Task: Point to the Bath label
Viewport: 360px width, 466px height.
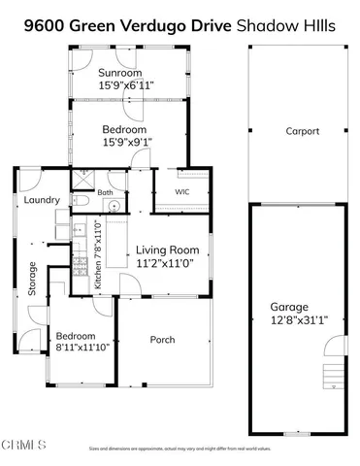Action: [105, 193]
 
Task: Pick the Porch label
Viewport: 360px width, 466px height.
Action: [162, 340]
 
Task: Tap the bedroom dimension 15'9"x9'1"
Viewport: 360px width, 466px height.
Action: [125, 143]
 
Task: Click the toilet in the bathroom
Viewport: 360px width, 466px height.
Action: [82, 201]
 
